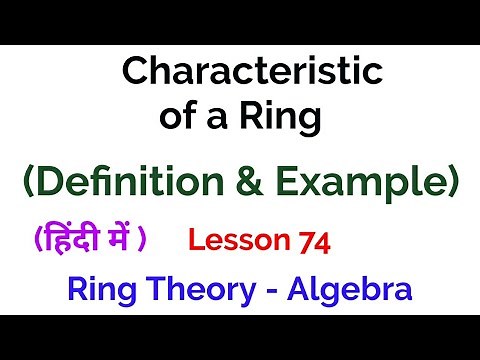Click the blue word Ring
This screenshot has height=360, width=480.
(98, 291)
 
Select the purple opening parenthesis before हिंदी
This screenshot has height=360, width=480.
(36, 240)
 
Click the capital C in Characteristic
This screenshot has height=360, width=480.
(132, 72)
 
